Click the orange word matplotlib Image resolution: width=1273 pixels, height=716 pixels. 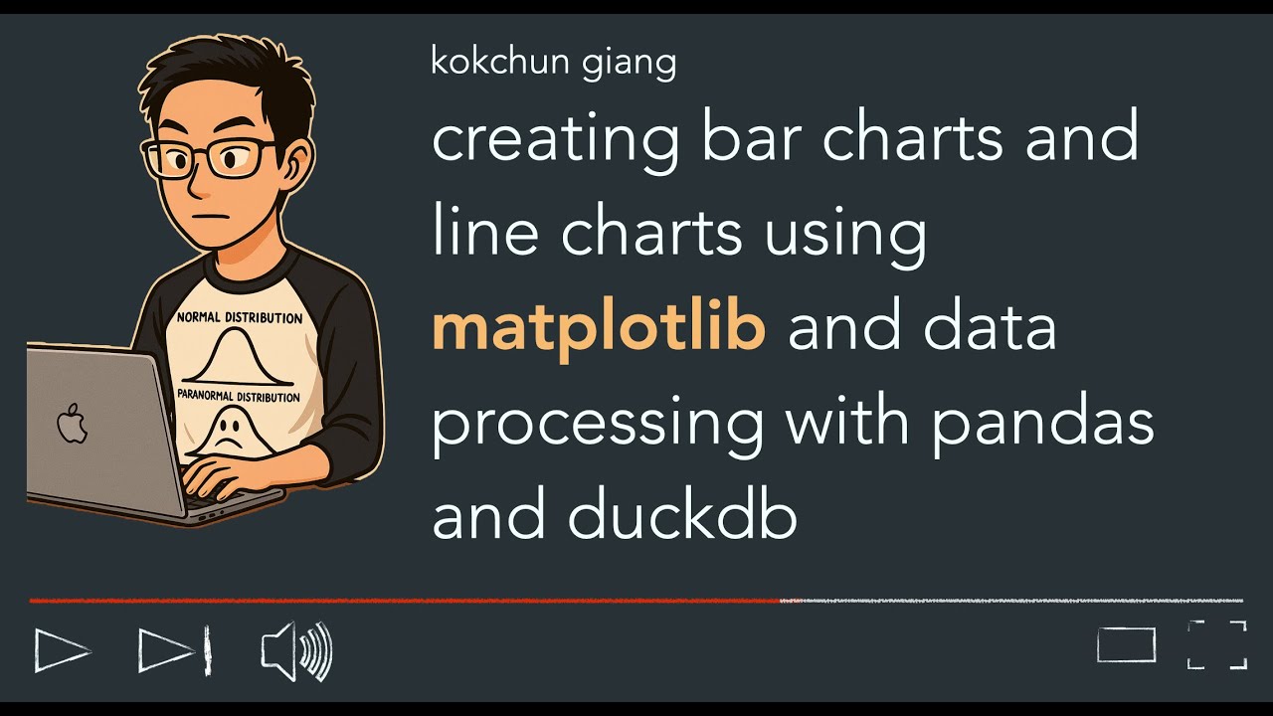coord(598,329)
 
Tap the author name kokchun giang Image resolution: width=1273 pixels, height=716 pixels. coord(554,63)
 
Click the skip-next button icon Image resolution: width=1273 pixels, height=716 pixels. coord(174,651)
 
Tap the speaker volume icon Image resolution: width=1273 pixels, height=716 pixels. coord(296,652)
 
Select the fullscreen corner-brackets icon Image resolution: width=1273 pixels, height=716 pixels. coord(1217,644)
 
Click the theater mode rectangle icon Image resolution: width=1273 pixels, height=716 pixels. coord(1126,644)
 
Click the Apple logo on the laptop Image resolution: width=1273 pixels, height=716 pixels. coord(72,425)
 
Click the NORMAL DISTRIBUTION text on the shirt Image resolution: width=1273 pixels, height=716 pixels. coord(240,318)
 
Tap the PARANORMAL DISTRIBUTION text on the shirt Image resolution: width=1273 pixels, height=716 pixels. coord(239,397)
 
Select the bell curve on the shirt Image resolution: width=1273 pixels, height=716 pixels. coord(239,358)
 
